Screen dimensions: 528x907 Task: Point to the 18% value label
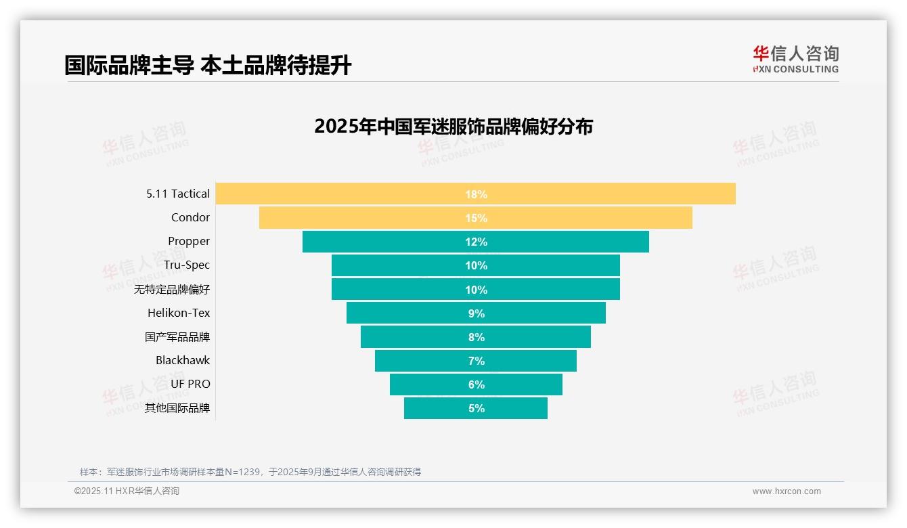[476, 194]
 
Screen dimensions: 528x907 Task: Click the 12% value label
[476, 242]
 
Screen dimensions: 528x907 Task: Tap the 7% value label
[476, 361]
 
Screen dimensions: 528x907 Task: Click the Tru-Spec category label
[187, 265]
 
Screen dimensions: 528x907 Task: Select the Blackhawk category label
[183, 360]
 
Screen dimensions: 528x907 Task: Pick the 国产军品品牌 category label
[177, 336]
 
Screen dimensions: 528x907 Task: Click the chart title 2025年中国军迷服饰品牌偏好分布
[453, 127]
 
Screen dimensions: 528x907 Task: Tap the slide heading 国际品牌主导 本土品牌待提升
[208, 66]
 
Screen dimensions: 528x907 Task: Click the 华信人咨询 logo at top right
[795, 60]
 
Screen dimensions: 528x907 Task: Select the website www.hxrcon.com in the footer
[787, 491]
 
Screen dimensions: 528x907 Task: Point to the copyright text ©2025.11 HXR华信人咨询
[127, 491]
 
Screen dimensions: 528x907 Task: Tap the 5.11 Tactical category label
[178, 194]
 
